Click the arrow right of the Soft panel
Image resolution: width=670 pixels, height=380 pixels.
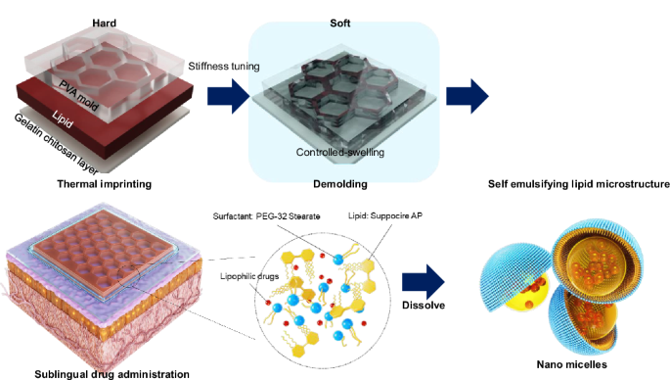[x=466, y=97]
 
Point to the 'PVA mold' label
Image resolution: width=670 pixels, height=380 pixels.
[x=88, y=90]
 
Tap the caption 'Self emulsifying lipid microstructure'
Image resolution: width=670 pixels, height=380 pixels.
[x=577, y=183]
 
